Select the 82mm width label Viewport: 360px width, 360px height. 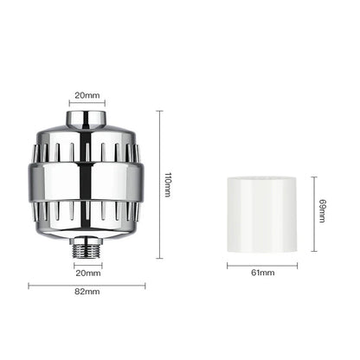pyautogui.click(x=87, y=292)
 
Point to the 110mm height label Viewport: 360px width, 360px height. pyautogui.click(x=168, y=183)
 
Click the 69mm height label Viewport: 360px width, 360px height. pyautogui.click(x=322, y=211)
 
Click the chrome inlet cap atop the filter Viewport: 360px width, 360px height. pyautogui.click(x=87, y=119)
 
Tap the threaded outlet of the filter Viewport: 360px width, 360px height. pyautogui.click(x=87, y=250)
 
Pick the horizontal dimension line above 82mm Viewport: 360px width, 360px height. pyautogui.click(x=87, y=284)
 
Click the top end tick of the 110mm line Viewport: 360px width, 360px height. pyautogui.click(x=158, y=110)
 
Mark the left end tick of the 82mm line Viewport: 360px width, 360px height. pyautogui.click(x=29, y=284)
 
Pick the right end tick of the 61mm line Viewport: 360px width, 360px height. pyautogui.click(x=297, y=265)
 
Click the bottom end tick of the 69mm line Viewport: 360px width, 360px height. pyautogui.click(x=314, y=251)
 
